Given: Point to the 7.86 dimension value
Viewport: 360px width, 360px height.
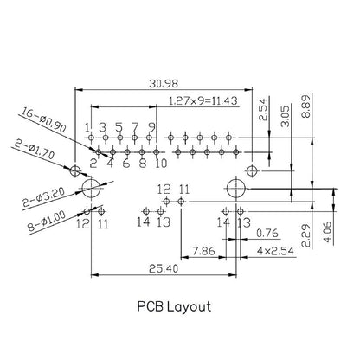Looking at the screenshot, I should pos(203,250).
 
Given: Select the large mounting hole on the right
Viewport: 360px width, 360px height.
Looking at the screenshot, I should pos(235,188).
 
